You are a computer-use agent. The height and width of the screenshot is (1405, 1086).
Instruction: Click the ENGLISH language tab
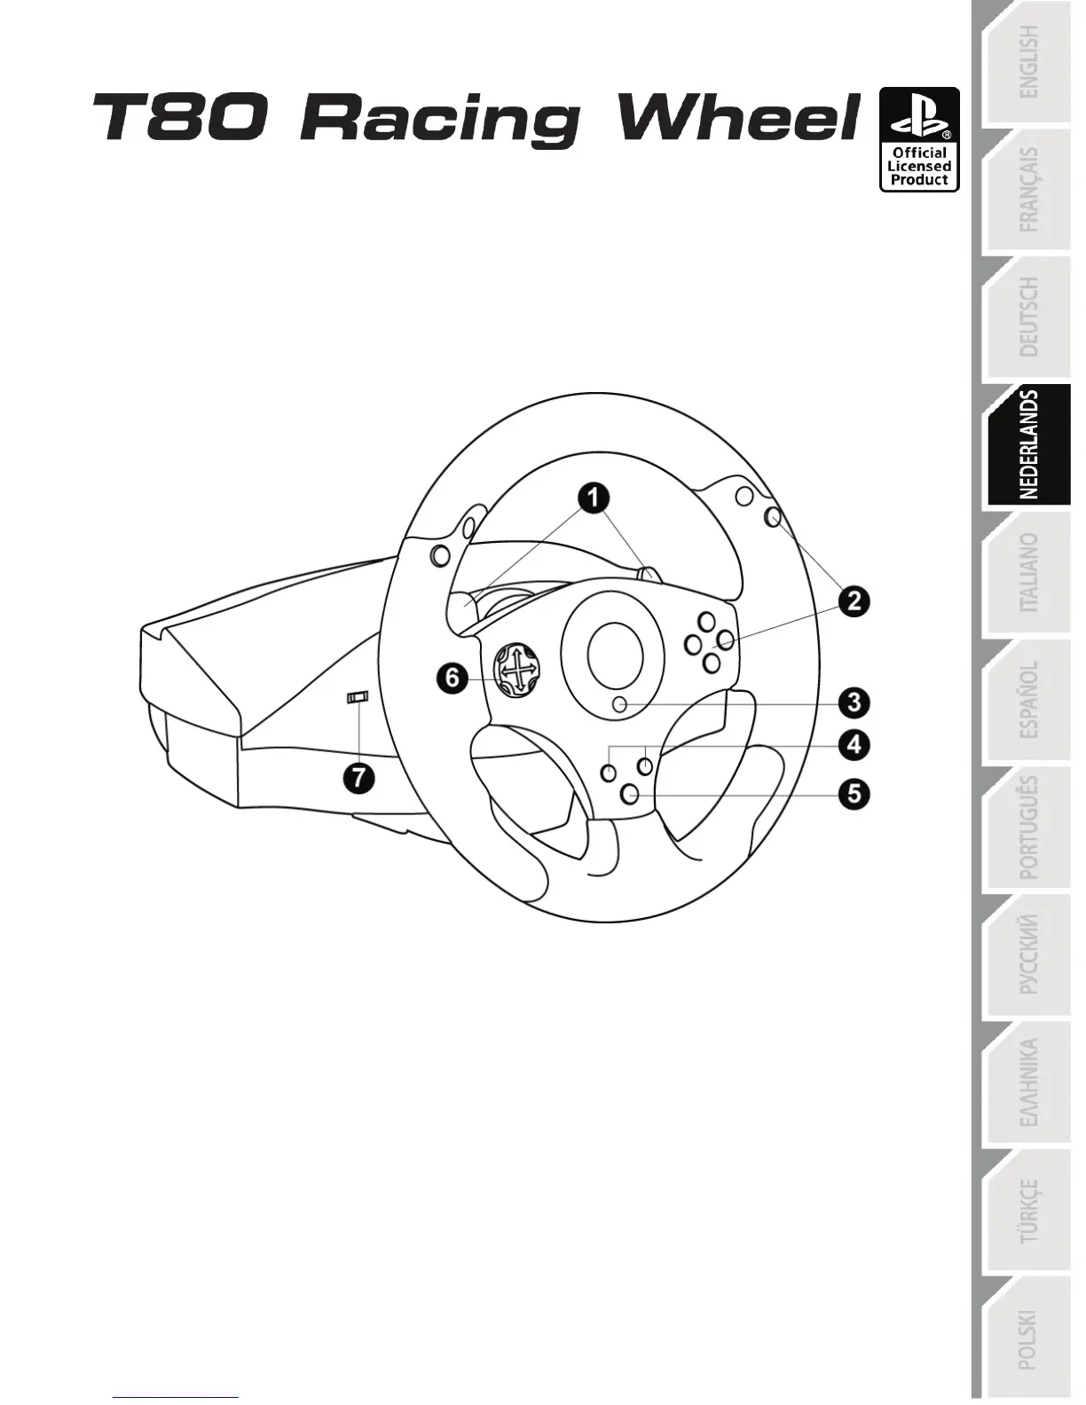1027,62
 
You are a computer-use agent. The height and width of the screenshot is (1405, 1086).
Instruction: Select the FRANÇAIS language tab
1027,190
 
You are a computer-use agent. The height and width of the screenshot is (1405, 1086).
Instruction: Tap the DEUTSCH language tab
1027,317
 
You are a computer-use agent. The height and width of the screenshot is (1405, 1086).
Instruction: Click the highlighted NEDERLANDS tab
1027,445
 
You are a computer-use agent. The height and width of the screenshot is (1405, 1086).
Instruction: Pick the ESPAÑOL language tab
1027,700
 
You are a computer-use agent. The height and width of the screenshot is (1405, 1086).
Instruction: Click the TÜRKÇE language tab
1027,1211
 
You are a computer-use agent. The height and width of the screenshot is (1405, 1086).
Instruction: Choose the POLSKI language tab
1027,1338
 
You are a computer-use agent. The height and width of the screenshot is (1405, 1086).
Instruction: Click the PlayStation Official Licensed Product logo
919,139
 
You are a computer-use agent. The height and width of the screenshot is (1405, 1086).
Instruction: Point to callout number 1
594,497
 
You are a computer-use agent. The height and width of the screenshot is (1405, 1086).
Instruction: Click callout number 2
854,601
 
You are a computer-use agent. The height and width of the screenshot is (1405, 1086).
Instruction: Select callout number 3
854,702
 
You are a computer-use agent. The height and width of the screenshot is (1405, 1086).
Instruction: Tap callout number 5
854,792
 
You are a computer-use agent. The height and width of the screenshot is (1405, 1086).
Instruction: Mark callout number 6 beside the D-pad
452,679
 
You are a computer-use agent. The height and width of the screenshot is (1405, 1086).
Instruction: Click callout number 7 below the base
359,778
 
